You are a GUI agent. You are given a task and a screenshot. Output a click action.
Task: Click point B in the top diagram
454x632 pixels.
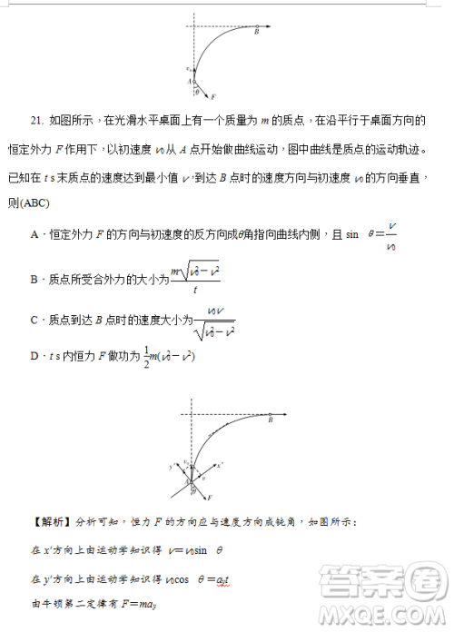click(x=257, y=33)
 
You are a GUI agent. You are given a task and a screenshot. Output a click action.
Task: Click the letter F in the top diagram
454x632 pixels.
click(x=213, y=95)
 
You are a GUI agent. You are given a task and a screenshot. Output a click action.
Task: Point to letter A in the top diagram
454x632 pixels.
click(x=190, y=80)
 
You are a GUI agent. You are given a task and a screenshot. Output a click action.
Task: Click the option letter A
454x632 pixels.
click(x=34, y=234)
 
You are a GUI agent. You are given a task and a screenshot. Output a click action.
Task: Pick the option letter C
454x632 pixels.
click(x=34, y=320)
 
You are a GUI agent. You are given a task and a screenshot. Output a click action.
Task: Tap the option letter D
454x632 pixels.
click(x=34, y=357)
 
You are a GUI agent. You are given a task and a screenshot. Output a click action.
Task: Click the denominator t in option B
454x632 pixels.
click(x=195, y=290)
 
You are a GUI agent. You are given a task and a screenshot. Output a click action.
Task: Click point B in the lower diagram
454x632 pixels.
click(x=270, y=420)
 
